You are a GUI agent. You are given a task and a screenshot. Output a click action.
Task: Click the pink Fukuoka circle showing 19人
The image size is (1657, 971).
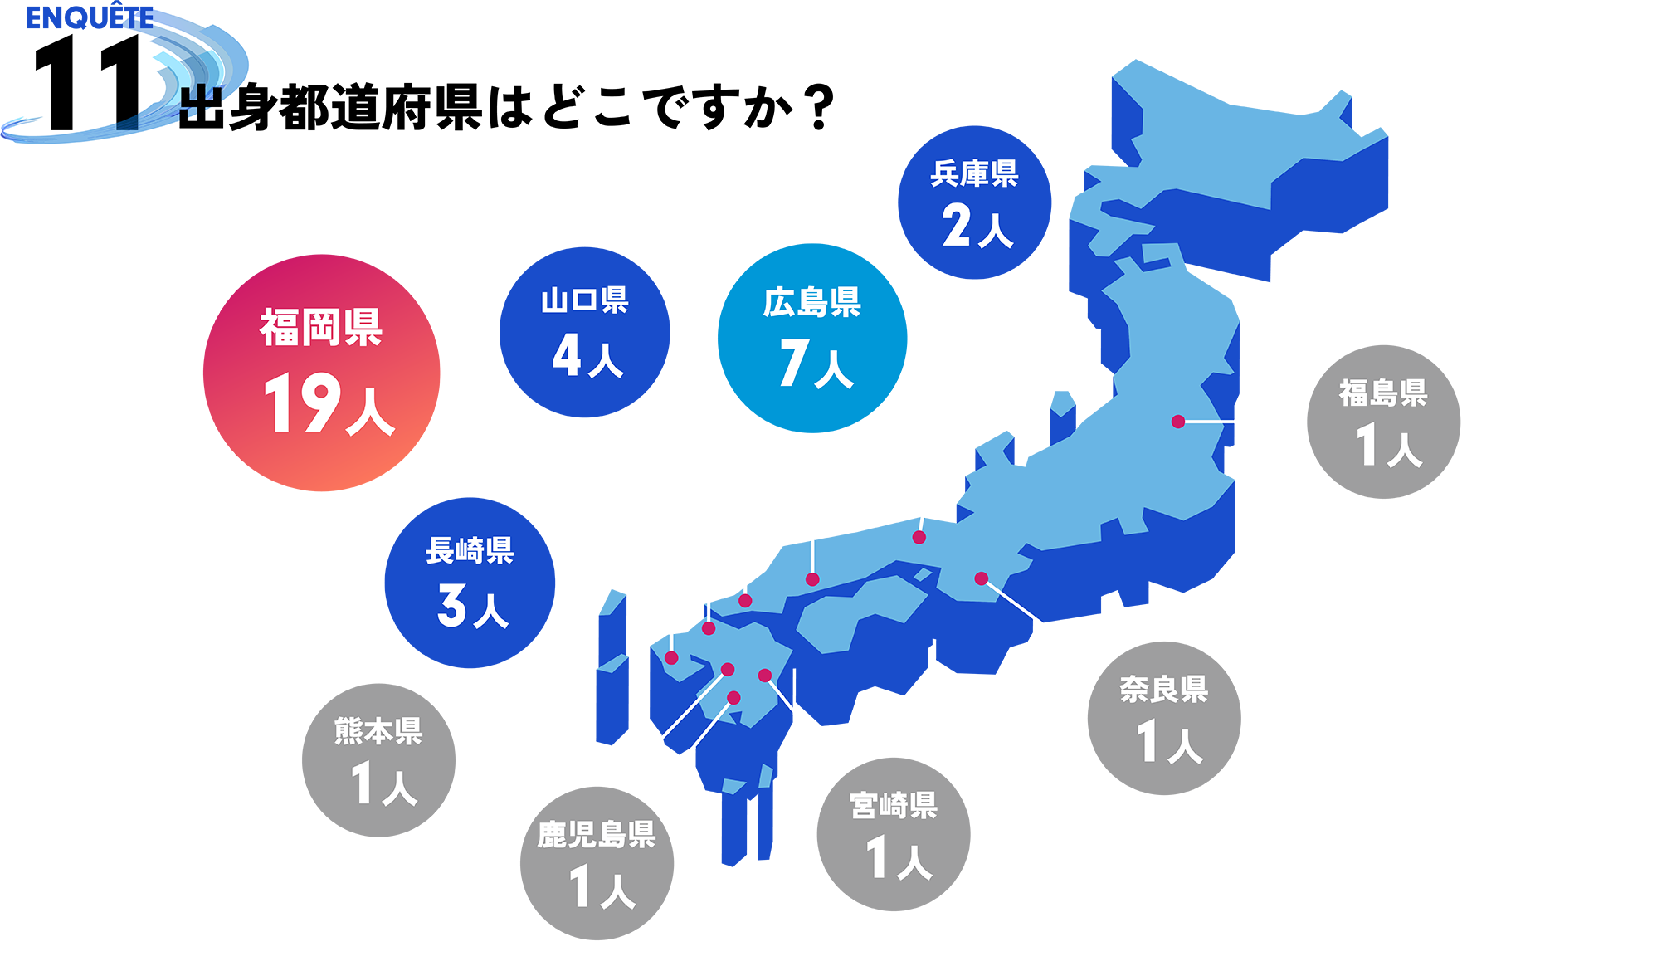322,373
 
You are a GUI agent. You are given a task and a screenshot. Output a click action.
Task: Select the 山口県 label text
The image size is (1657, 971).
584,300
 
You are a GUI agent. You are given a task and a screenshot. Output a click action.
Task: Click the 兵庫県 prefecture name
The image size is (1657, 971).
974,173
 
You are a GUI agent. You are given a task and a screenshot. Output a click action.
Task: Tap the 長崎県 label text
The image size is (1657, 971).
470,550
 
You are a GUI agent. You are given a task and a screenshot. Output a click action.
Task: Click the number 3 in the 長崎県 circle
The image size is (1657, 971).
452,605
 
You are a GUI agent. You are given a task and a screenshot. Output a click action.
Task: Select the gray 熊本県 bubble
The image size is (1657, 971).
378,760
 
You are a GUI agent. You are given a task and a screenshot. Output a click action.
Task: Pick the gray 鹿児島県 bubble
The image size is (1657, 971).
597,863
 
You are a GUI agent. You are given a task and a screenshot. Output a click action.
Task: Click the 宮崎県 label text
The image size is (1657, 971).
893,805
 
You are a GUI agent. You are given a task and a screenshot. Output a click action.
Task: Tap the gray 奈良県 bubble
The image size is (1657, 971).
1163,718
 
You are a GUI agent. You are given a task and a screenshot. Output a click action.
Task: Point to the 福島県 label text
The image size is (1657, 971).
1382,393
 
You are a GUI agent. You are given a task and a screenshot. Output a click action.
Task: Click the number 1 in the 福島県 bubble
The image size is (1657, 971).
1366,445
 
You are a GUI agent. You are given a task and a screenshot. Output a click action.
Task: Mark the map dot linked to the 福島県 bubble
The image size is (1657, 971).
1177,422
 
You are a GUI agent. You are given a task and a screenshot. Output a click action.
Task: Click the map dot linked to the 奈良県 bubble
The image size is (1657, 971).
981,578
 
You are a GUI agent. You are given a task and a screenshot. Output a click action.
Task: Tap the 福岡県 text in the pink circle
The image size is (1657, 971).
321,327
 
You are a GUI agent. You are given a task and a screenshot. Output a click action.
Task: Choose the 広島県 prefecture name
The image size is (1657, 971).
811,303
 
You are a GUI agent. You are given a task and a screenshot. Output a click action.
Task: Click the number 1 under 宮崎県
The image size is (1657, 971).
876,856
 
